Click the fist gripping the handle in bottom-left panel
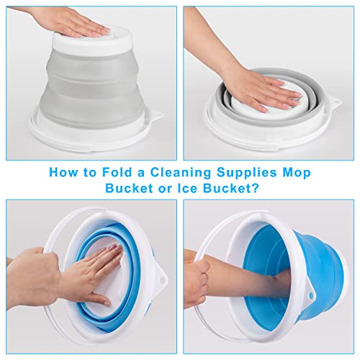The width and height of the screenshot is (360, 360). pos(32,270)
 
